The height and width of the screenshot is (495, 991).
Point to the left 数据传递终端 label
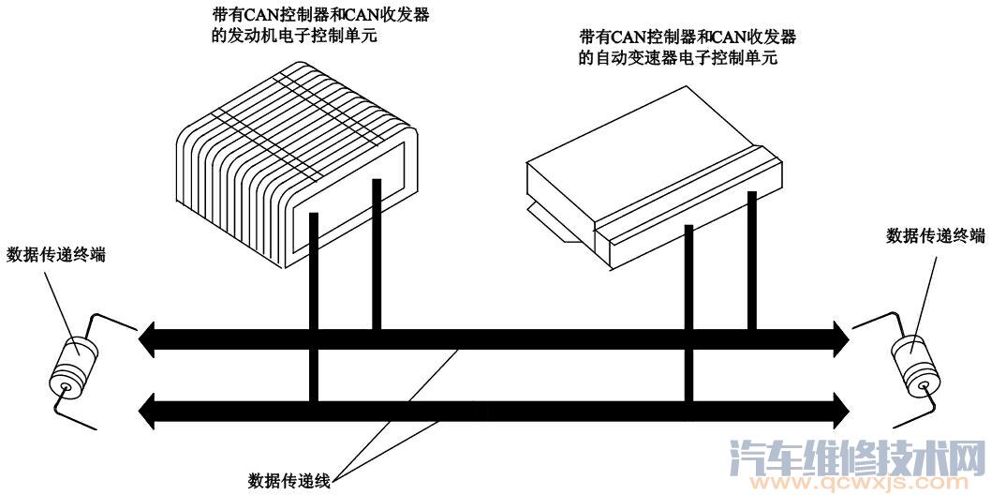click(x=55, y=254)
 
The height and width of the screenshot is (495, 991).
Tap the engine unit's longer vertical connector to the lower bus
click(x=314, y=309)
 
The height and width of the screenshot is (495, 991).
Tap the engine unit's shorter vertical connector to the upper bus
click(x=377, y=253)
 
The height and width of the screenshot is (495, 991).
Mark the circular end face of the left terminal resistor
click(x=65, y=385)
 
